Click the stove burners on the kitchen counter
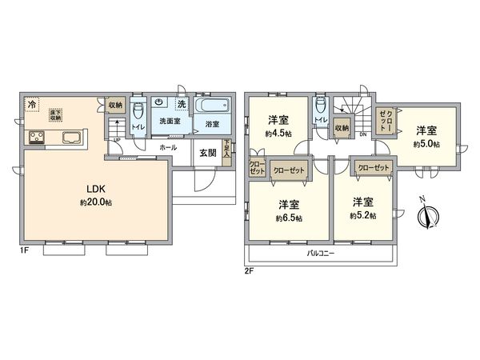pyautogui.click(x=38, y=138)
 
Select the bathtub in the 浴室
pyautogui.click(x=212, y=106)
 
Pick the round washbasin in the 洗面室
pyautogui.click(x=161, y=102)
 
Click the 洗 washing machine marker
pyautogui.click(x=182, y=103)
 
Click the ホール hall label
pyautogui.click(x=168, y=148)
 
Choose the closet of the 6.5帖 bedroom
pyautogui.click(x=287, y=170)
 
